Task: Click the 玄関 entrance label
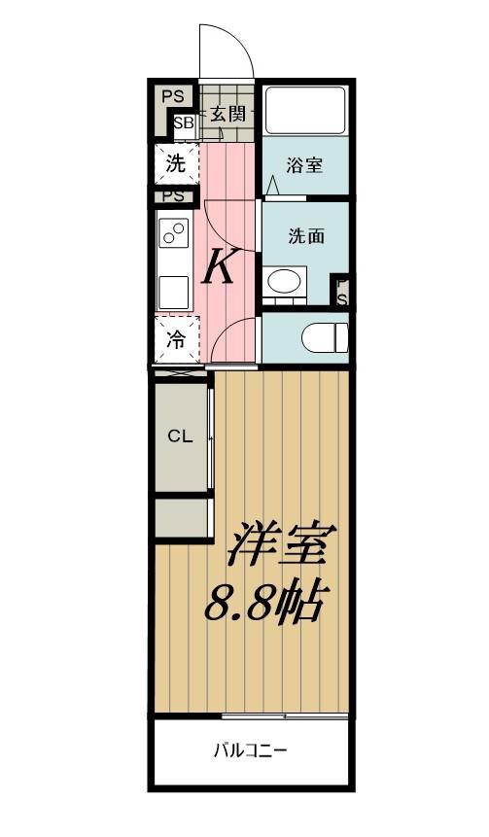pyautogui.click(x=227, y=114)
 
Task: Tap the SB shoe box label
pyautogui.click(x=183, y=122)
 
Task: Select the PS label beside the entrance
pyautogui.click(x=172, y=96)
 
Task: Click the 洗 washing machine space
pyautogui.click(x=176, y=163)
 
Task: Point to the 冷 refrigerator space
pyautogui.click(x=176, y=339)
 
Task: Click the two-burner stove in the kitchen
pyautogui.click(x=174, y=232)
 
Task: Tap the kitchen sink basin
pyautogui.click(x=173, y=292)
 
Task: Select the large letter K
pyautogui.click(x=219, y=268)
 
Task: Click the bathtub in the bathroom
pyautogui.click(x=305, y=110)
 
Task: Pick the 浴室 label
pyautogui.click(x=303, y=165)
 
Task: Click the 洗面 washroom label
pyautogui.click(x=306, y=236)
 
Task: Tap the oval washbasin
pyautogui.click(x=284, y=281)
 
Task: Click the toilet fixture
pyautogui.click(x=325, y=336)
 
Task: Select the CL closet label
pyautogui.click(x=180, y=436)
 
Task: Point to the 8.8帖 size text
pyautogui.click(x=263, y=604)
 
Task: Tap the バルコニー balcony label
pyautogui.click(x=251, y=751)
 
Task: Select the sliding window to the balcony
pyautogui.click(x=285, y=715)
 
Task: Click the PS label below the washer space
pyautogui.click(x=173, y=196)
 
